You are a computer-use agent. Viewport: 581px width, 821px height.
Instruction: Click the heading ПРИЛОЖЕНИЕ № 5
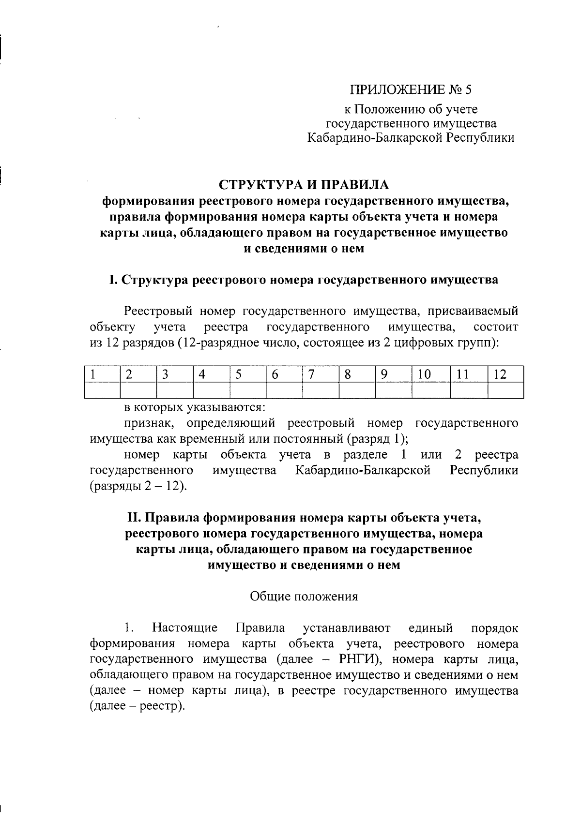(411, 90)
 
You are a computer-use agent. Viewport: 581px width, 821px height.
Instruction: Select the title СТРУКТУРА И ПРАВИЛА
(304, 185)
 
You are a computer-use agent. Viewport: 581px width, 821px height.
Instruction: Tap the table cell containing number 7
(321, 374)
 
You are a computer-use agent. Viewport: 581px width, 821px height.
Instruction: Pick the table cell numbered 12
(505, 374)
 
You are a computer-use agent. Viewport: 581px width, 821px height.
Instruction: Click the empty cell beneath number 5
(247, 390)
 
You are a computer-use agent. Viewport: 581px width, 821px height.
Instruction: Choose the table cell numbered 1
(102, 374)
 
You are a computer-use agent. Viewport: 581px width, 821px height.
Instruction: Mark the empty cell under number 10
(431, 390)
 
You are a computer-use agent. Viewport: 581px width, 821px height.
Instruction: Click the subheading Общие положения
(304, 596)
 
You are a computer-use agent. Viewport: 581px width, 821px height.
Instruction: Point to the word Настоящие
(185, 628)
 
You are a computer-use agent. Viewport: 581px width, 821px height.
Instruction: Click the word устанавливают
(347, 628)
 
